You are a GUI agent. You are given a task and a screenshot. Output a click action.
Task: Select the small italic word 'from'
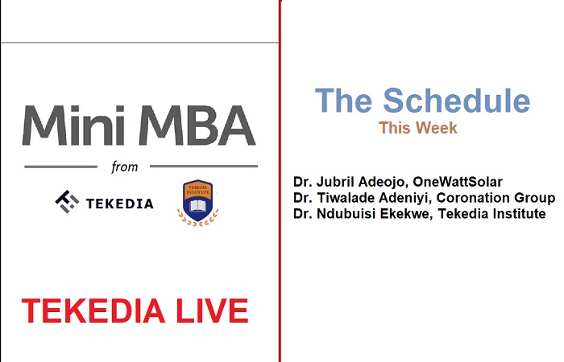[x=125, y=167]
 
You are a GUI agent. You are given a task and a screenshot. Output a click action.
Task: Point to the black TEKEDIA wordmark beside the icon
[x=118, y=202]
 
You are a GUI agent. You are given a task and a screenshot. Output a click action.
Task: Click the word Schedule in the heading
[x=456, y=101]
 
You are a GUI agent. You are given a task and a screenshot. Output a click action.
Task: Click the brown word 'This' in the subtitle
[x=396, y=128]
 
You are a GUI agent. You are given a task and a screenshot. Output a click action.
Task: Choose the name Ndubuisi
[x=350, y=214]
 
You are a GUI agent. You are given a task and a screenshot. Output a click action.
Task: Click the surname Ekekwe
[x=413, y=214]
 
